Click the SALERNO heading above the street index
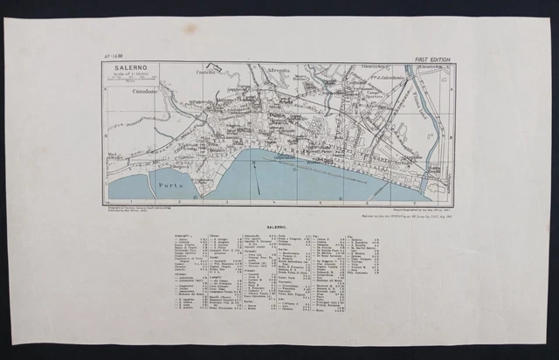pyautogui.click(x=279, y=225)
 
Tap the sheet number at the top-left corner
pyautogui.click(x=114, y=58)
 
